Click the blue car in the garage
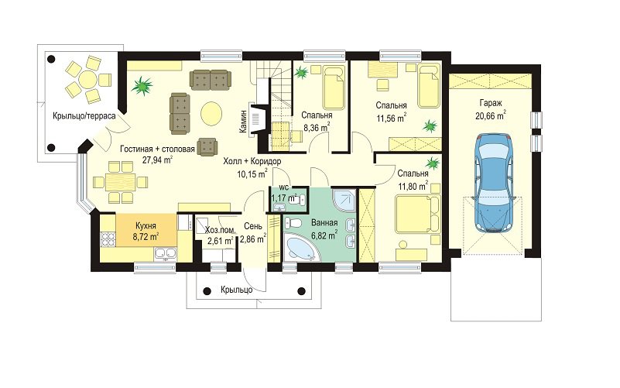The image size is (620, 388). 494,182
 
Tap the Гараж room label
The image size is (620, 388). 491,104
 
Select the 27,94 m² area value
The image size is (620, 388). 156,160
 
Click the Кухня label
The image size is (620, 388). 146,226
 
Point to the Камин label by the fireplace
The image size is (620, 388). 243,122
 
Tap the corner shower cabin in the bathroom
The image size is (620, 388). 344,200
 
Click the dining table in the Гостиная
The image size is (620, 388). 120,182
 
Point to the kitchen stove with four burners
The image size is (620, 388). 108,239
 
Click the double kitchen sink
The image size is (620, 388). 166,253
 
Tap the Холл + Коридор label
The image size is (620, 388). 252,161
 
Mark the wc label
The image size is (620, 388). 284,187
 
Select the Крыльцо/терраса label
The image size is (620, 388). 84,116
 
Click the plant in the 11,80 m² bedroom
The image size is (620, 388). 433,163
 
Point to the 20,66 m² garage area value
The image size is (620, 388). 491,116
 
